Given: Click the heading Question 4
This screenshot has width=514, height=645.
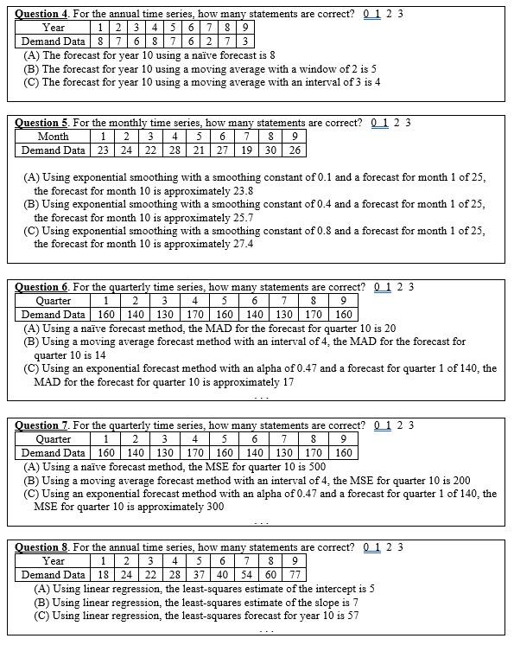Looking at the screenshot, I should click(41, 13).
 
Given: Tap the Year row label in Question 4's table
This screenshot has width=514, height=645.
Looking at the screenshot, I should click(54, 27).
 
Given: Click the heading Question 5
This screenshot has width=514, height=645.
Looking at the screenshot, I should click(41, 123).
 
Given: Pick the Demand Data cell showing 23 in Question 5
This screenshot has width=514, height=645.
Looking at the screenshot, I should click(103, 150).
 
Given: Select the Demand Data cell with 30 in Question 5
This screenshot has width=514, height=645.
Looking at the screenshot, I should click(270, 150).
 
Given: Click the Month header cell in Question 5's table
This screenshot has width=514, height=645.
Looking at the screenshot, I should click(54, 136).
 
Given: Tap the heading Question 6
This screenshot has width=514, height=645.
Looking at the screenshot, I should click(41, 287).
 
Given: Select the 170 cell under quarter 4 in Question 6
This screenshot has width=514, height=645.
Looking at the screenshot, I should click(195, 315).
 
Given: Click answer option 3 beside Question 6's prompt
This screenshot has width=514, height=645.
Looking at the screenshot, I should click(411, 287).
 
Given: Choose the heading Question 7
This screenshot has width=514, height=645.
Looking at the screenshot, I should click(41, 425).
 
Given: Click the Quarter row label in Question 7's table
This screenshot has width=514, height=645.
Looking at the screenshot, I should click(54, 439).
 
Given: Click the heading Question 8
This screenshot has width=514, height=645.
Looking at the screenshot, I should click(41, 547).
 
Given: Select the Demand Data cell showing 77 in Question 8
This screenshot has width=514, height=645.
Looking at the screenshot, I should click(295, 575).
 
